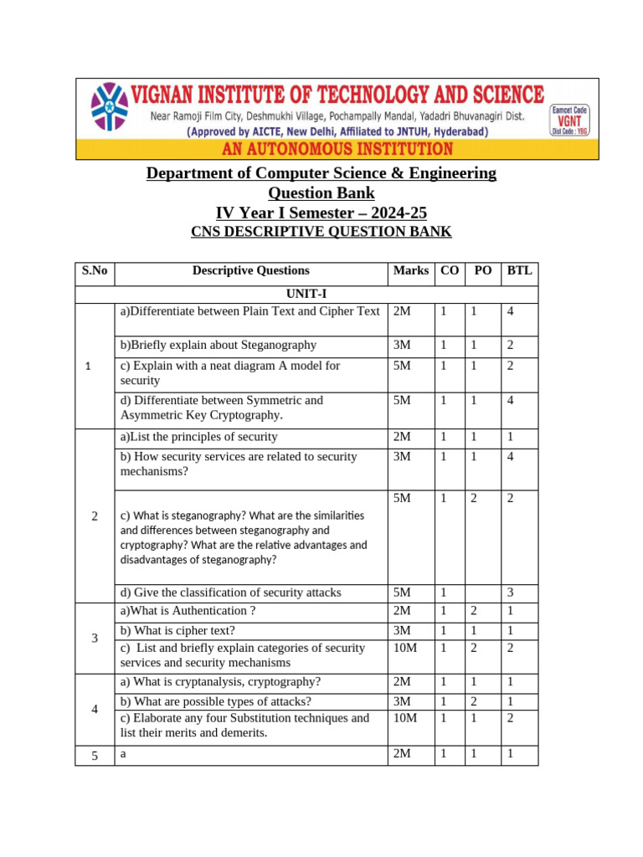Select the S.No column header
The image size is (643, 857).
tap(95, 270)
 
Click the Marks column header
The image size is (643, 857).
tap(410, 270)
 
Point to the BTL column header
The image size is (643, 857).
tap(519, 270)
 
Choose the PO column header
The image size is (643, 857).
tap(482, 270)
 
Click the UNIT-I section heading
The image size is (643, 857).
tap(306, 294)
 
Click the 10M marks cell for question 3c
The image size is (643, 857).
tap(405, 648)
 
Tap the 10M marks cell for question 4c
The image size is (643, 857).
tap(405, 718)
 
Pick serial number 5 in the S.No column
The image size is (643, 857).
tap(95, 756)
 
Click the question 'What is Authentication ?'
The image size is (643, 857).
tap(188, 611)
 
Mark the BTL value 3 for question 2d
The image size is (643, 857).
tap(508, 593)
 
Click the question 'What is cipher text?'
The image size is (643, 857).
tap(177, 630)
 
